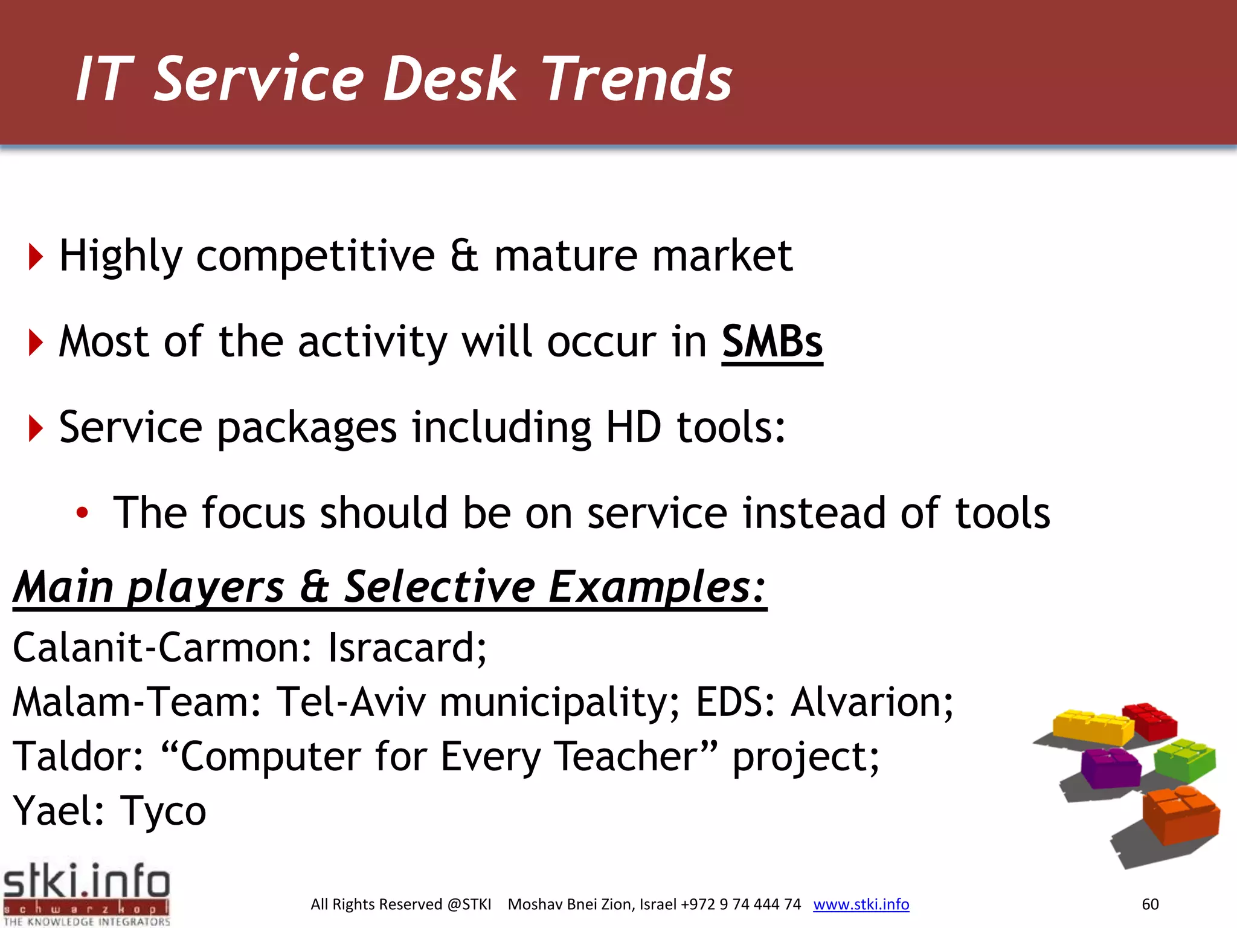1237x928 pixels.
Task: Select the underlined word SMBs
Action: click(772, 343)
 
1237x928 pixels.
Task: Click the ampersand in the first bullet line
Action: click(464, 256)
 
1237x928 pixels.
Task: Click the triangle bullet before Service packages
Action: click(36, 428)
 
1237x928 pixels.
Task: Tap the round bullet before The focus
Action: click(82, 514)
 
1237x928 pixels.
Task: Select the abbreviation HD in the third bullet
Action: click(634, 428)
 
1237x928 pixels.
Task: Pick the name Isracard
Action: click(406, 648)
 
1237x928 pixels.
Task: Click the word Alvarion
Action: click(872, 702)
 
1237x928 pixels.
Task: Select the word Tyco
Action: click(163, 811)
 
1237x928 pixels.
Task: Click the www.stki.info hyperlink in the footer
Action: click(861, 904)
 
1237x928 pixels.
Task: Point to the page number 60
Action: click(1150, 904)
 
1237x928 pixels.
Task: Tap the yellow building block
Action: click(1092, 727)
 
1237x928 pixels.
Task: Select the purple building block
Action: click(1110, 767)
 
